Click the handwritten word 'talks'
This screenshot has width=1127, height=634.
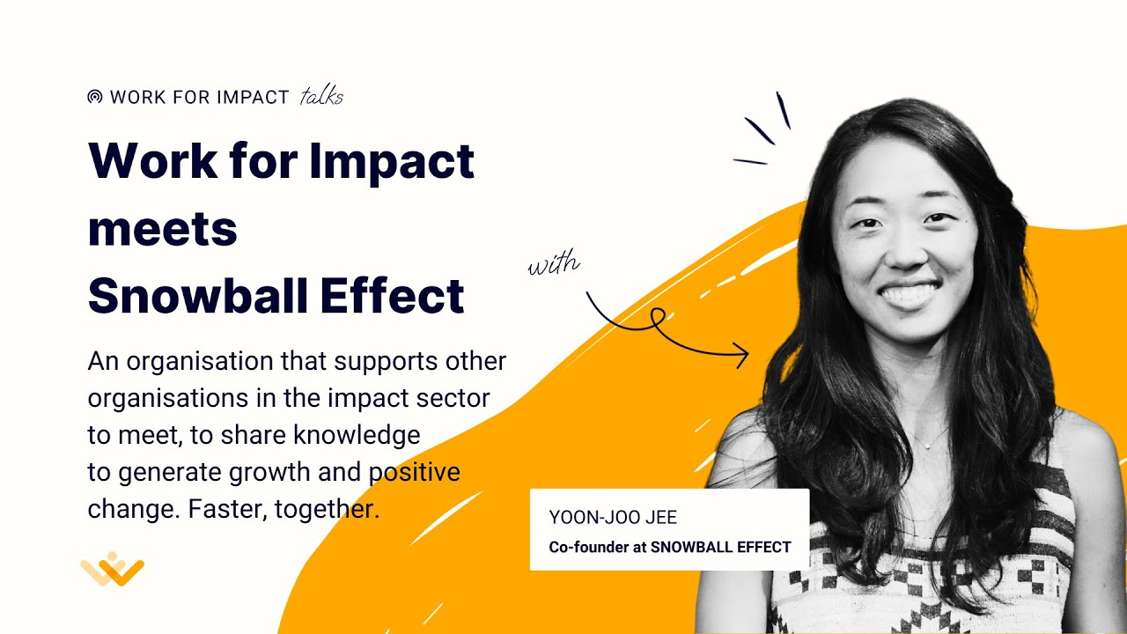pos(321,97)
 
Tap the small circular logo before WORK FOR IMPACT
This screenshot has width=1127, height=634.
pos(95,97)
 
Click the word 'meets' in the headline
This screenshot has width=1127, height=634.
pos(163,228)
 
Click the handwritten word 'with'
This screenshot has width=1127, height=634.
pos(554,264)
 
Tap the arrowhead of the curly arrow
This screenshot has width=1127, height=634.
pos(741,356)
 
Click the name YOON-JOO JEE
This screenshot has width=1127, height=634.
pos(613,517)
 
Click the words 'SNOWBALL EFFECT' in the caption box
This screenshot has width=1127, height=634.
pos(720,547)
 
